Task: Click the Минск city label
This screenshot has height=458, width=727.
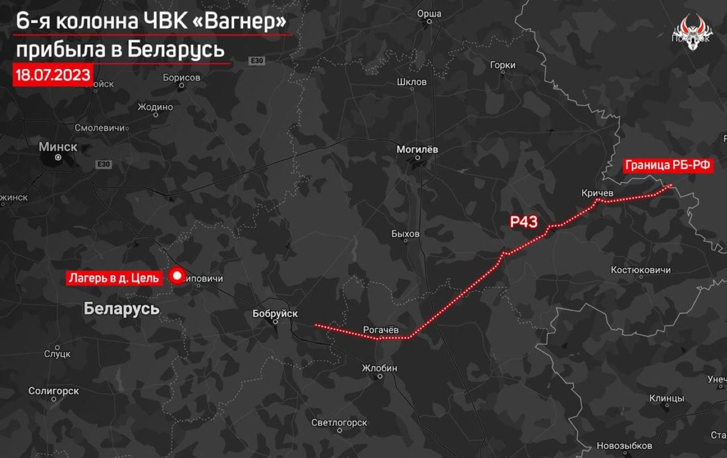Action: click(x=58, y=147)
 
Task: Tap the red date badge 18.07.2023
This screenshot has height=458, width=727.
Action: click(x=53, y=74)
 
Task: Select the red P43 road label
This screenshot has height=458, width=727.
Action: click(x=524, y=222)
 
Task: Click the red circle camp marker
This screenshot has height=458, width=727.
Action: click(x=177, y=277)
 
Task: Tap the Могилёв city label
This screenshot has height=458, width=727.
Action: click(x=417, y=149)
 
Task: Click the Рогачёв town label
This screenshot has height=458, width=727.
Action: click(x=381, y=330)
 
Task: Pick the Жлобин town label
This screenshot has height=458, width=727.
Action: click(x=380, y=368)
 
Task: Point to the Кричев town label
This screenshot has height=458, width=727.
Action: click(x=598, y=193)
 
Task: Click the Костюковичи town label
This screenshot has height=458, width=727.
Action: click(x=641, y=270)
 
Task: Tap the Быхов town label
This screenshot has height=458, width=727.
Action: click(x=406, y=234)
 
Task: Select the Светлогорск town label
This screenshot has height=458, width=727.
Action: click(x=339, y=423)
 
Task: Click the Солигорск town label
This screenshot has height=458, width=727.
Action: click(x=54, y=391)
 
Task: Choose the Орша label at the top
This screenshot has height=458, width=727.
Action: click(x=429, y=14)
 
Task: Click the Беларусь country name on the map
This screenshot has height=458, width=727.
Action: click(x=121, y=309)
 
